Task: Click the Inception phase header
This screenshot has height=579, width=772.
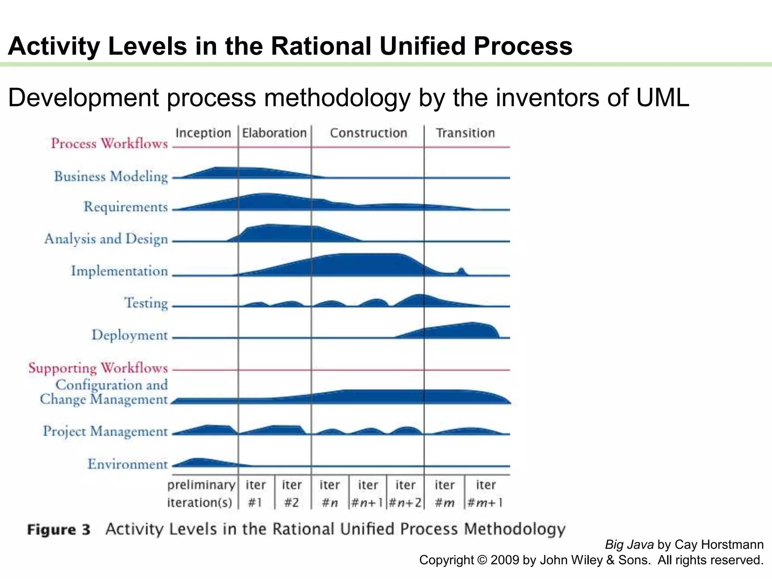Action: (203, 133)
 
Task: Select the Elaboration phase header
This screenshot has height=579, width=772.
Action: (274, 133)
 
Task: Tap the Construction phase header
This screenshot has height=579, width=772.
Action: (368, 133)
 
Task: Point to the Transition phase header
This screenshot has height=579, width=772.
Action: (465, 133)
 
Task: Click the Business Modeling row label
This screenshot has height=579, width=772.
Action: (111, 176)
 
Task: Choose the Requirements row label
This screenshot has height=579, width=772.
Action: (126, 207)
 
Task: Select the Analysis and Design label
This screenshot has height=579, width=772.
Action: (106, 239)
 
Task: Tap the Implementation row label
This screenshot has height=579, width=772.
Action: (119, 271)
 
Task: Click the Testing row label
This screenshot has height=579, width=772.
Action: (146, 303)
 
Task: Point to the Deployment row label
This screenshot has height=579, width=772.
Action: (130, 335)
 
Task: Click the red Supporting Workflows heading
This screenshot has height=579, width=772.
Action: (98, 368)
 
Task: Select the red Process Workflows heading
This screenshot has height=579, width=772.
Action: (109, 143)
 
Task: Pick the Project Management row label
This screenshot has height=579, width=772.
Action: (105, 431)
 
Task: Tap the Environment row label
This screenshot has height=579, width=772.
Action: (127, 464)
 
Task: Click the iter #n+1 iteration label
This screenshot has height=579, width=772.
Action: (368, 494)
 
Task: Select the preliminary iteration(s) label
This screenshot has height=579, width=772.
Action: (201, 494)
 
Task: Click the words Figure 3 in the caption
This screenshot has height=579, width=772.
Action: (59, 530)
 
